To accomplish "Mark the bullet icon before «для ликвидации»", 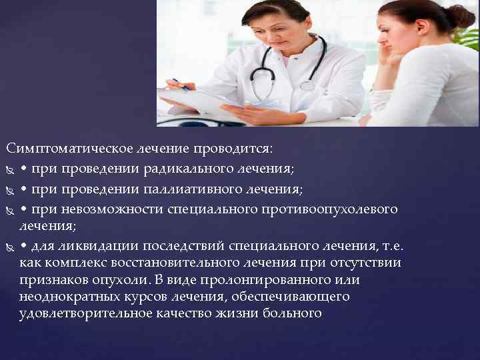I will [x=9, y=247].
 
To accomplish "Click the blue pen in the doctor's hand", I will [x=180, y=84].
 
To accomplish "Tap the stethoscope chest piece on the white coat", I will [x=307, y=85].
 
